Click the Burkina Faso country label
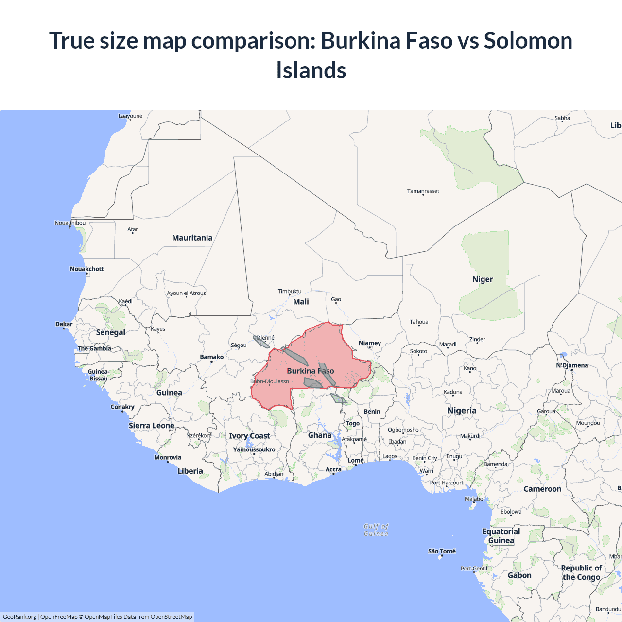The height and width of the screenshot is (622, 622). [x=310, y=371]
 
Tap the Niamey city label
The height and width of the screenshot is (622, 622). [x=369, y=343]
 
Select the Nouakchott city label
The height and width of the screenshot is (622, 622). [x=86, y=269]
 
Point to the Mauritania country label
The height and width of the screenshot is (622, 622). [x=192, y=238]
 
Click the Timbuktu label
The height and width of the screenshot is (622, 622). [x=290, y=291]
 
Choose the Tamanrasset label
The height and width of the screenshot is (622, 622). [x=423, y=191]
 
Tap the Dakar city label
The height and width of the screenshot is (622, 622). [x=64, y=324]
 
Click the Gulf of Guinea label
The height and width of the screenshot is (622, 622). [x=376, y=530]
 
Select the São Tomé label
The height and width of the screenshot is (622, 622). [x=442, y=551]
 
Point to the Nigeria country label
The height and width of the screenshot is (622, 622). [x=462, y=411]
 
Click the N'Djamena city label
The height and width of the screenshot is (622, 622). [x=572, y=365]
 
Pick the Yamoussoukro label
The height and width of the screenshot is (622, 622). [x=254, y=449]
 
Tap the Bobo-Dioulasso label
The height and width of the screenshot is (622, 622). [x=270, y=381]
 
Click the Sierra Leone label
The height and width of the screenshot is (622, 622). [x=151, y=426]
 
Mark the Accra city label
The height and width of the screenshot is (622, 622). [x=333, y=469]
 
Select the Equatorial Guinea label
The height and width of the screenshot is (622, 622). [x=501, y=536]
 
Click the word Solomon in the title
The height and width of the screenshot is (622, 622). [x=528, y=40]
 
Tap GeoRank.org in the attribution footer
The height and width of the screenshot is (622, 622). [x=19, y=617]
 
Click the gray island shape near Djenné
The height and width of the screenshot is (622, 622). [x=261, y=342]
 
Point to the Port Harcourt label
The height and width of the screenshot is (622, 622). [x=447, y=483]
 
